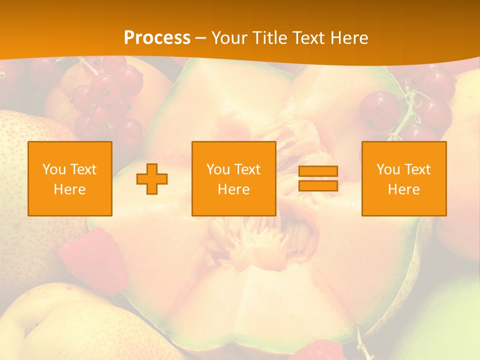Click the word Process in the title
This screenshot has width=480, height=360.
click(x=157, y=38)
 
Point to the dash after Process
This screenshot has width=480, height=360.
click(x=200, y=38)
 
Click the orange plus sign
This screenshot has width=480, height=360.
click(x=152, y=178)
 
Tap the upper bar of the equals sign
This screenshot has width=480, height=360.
click(x=318, y=171)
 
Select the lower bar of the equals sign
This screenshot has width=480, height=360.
click(x=318, y=185)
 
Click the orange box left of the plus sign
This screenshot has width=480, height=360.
click(x=70, y=178)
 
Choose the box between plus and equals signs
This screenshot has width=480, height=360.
click(x=234, y=178)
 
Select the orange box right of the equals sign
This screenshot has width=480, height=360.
click(x=404, y=178)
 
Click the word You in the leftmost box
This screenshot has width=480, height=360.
click(x=53, y=169)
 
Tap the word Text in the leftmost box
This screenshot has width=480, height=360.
click(x=83, y=169)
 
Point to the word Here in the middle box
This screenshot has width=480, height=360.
click(x=234, y=189)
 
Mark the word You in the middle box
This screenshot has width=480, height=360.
click(x=217, y=169)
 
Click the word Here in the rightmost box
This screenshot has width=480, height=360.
click(x=404, y=189)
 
